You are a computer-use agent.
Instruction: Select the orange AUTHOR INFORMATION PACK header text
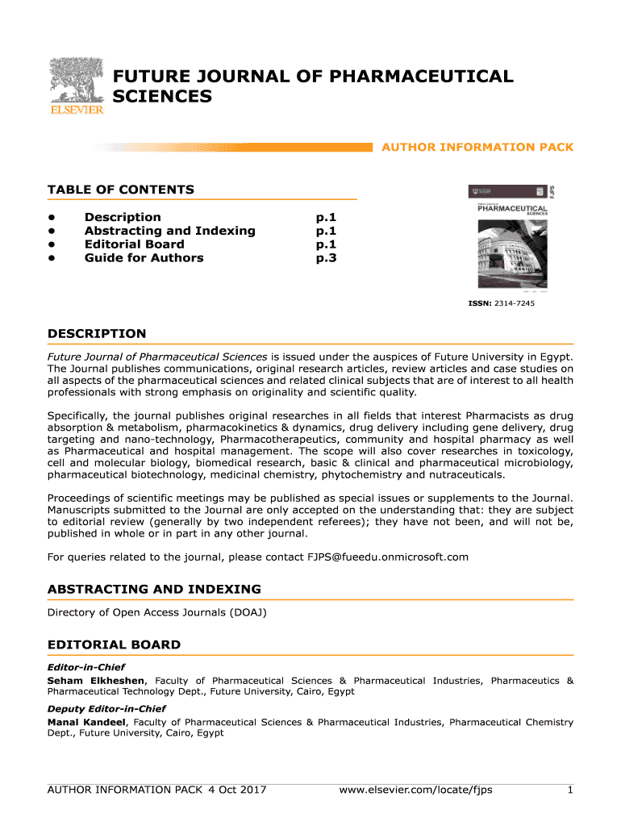click(x=477, y=148)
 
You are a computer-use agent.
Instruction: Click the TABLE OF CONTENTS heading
click(x=121, y=190)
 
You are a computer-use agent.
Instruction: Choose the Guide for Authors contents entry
click(x=144, y=258)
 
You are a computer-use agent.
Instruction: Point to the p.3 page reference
click(x=326, y=258)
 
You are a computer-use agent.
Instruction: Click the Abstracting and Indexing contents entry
click(x=169, y=231)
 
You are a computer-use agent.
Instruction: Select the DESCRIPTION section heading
click(x=97, y=333)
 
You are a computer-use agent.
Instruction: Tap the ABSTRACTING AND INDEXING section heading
click(x=154, y=589)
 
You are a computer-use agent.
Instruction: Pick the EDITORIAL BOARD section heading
click(x=114, y=645)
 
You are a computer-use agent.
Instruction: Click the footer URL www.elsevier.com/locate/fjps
click(x=416, y=790)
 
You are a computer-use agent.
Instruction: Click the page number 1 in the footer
click(x=569, y=790)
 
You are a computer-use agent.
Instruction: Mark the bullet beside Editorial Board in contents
click(x=51, y=244)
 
